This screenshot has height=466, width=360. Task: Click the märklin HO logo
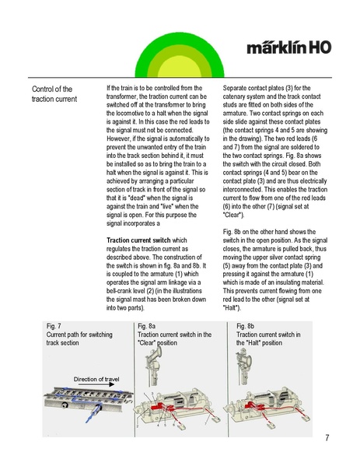pos(288,47)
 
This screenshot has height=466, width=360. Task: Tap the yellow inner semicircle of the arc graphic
pos(180,68)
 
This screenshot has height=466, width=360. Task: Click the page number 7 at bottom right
pos(327,437)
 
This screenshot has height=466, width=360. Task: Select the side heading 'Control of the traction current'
pos(54,94)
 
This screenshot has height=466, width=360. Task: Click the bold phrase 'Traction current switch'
pos(138,240)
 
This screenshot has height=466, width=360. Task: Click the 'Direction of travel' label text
pos(96,379)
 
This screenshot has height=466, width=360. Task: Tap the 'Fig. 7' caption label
pos(54,326)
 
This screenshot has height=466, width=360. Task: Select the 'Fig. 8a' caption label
pos(146,326)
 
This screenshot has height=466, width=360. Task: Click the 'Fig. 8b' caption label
pos(246,326)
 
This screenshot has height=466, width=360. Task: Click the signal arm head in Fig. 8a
pos(156,354)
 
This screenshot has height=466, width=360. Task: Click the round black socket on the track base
pos(65,405)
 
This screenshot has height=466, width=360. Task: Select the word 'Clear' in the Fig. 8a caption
pos(147,342)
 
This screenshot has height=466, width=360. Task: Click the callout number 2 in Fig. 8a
pos(137,426)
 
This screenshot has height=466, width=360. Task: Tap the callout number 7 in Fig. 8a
pos(206,422)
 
